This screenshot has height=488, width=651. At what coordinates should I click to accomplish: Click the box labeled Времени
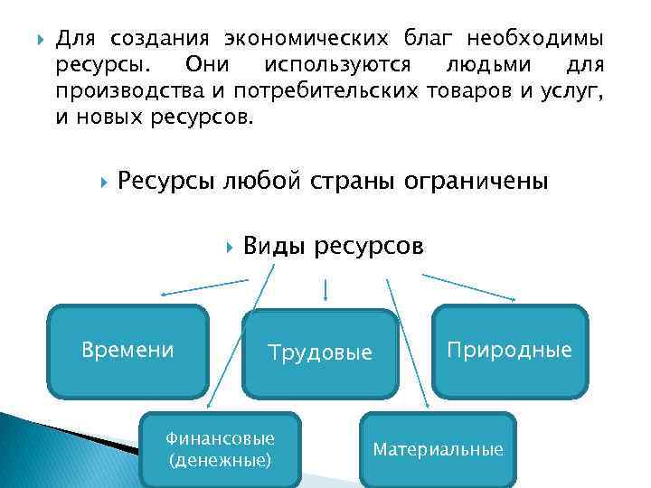[x=127, y=351]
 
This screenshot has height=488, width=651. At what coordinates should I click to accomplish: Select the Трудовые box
[x=320, y=353]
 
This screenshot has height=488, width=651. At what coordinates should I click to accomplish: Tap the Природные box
[x=509, y=350]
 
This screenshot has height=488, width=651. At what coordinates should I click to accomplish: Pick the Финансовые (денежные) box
[x=220, y=449]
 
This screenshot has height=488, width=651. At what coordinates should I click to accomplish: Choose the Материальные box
[x=439, y=449]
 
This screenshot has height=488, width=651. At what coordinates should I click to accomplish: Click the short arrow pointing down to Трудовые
[x=325, y=288]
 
